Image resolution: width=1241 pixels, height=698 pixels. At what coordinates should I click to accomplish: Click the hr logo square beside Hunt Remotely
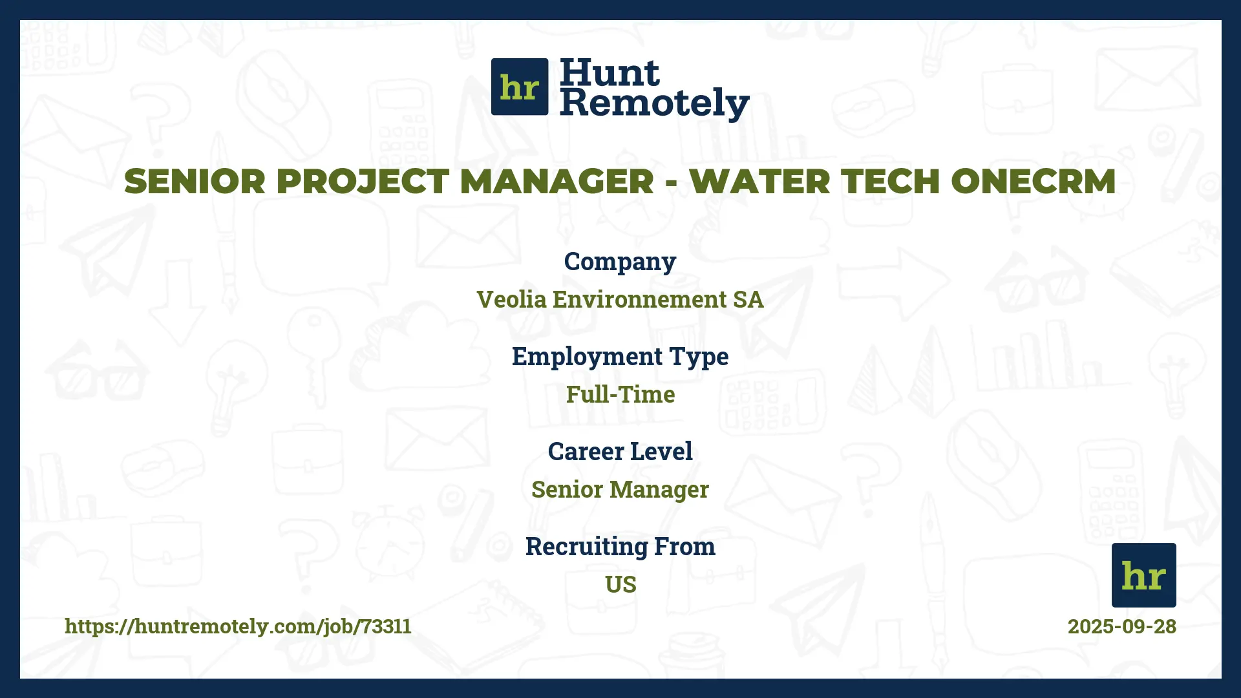point(520,87)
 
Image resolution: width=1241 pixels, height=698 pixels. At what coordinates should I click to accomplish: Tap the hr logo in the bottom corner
point(1143,575)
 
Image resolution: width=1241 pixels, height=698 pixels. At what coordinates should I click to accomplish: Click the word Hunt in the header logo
point(610,72)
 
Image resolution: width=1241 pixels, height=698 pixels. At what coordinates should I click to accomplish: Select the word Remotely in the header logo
point(654,103)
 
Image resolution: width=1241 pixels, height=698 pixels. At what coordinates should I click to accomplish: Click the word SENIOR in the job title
point(195,181)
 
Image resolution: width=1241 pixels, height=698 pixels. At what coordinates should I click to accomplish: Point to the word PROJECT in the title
point(363,181)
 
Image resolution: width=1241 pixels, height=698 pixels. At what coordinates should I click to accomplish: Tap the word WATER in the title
point(759,181)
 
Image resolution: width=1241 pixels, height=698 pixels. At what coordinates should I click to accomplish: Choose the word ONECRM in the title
point(1034,181)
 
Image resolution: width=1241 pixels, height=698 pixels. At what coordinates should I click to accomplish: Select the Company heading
point(620,262)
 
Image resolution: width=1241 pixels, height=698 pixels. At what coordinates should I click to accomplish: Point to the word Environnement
point(639,299)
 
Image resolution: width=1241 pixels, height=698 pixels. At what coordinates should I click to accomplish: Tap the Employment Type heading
point(620,357)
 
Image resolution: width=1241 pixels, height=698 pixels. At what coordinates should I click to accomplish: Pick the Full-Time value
point(620,394)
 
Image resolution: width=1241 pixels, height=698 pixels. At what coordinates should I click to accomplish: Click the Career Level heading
point(620,451)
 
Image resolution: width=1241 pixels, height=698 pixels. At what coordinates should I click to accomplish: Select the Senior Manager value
point(620,490)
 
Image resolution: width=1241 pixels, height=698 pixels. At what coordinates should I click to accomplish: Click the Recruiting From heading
point(620,546)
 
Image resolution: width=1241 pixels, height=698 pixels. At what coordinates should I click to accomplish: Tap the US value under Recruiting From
point(620,584)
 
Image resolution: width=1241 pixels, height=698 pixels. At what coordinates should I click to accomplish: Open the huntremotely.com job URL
point(238,626)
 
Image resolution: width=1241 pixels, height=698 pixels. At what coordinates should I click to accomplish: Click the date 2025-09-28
point(1121,626)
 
